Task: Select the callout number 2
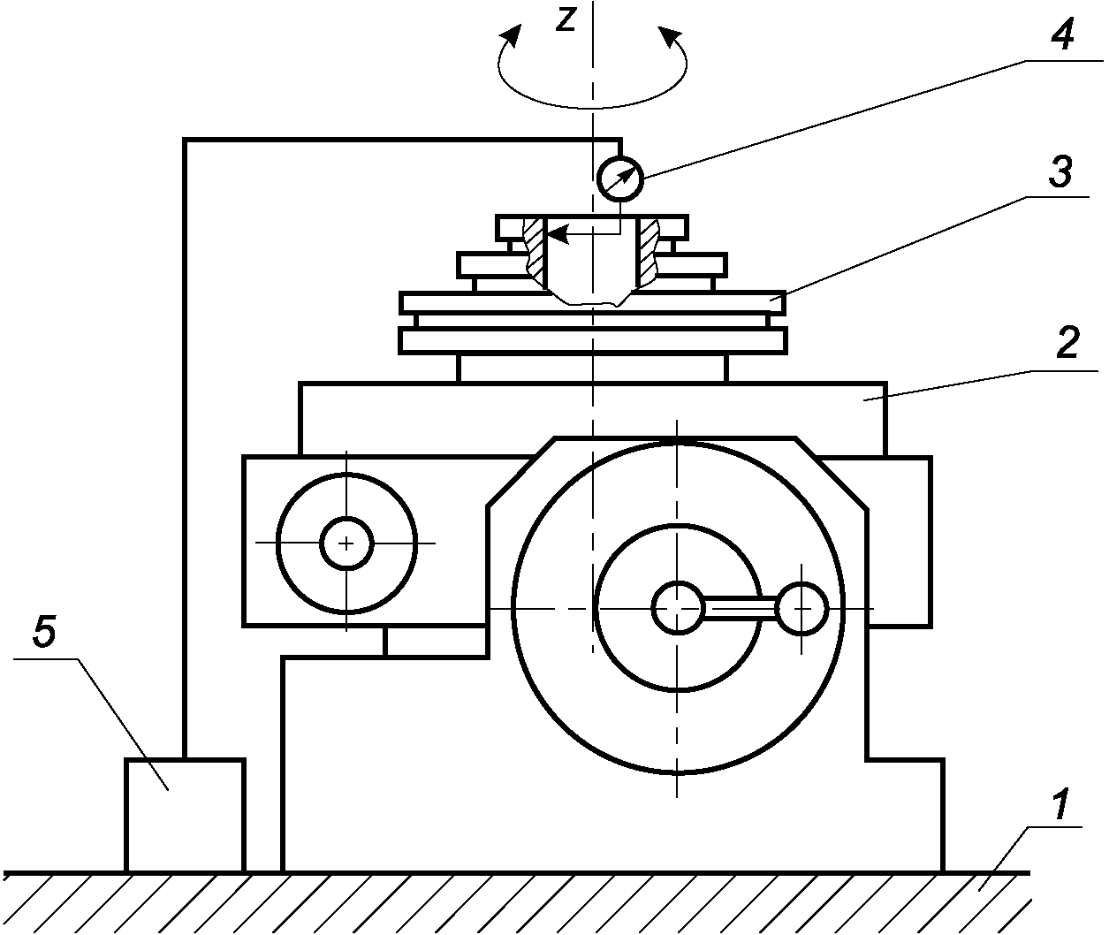click(1067, 342)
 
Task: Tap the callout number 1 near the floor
click(1059, 807)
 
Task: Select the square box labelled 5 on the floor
click(185, 815)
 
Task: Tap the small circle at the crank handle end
click(801, 609)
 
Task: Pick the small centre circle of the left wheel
click(346, 543)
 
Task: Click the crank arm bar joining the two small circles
click(741, 609)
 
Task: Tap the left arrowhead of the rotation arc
click(509, 37)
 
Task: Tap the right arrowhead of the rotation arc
click(671, 37)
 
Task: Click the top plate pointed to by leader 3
click(592, 301)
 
